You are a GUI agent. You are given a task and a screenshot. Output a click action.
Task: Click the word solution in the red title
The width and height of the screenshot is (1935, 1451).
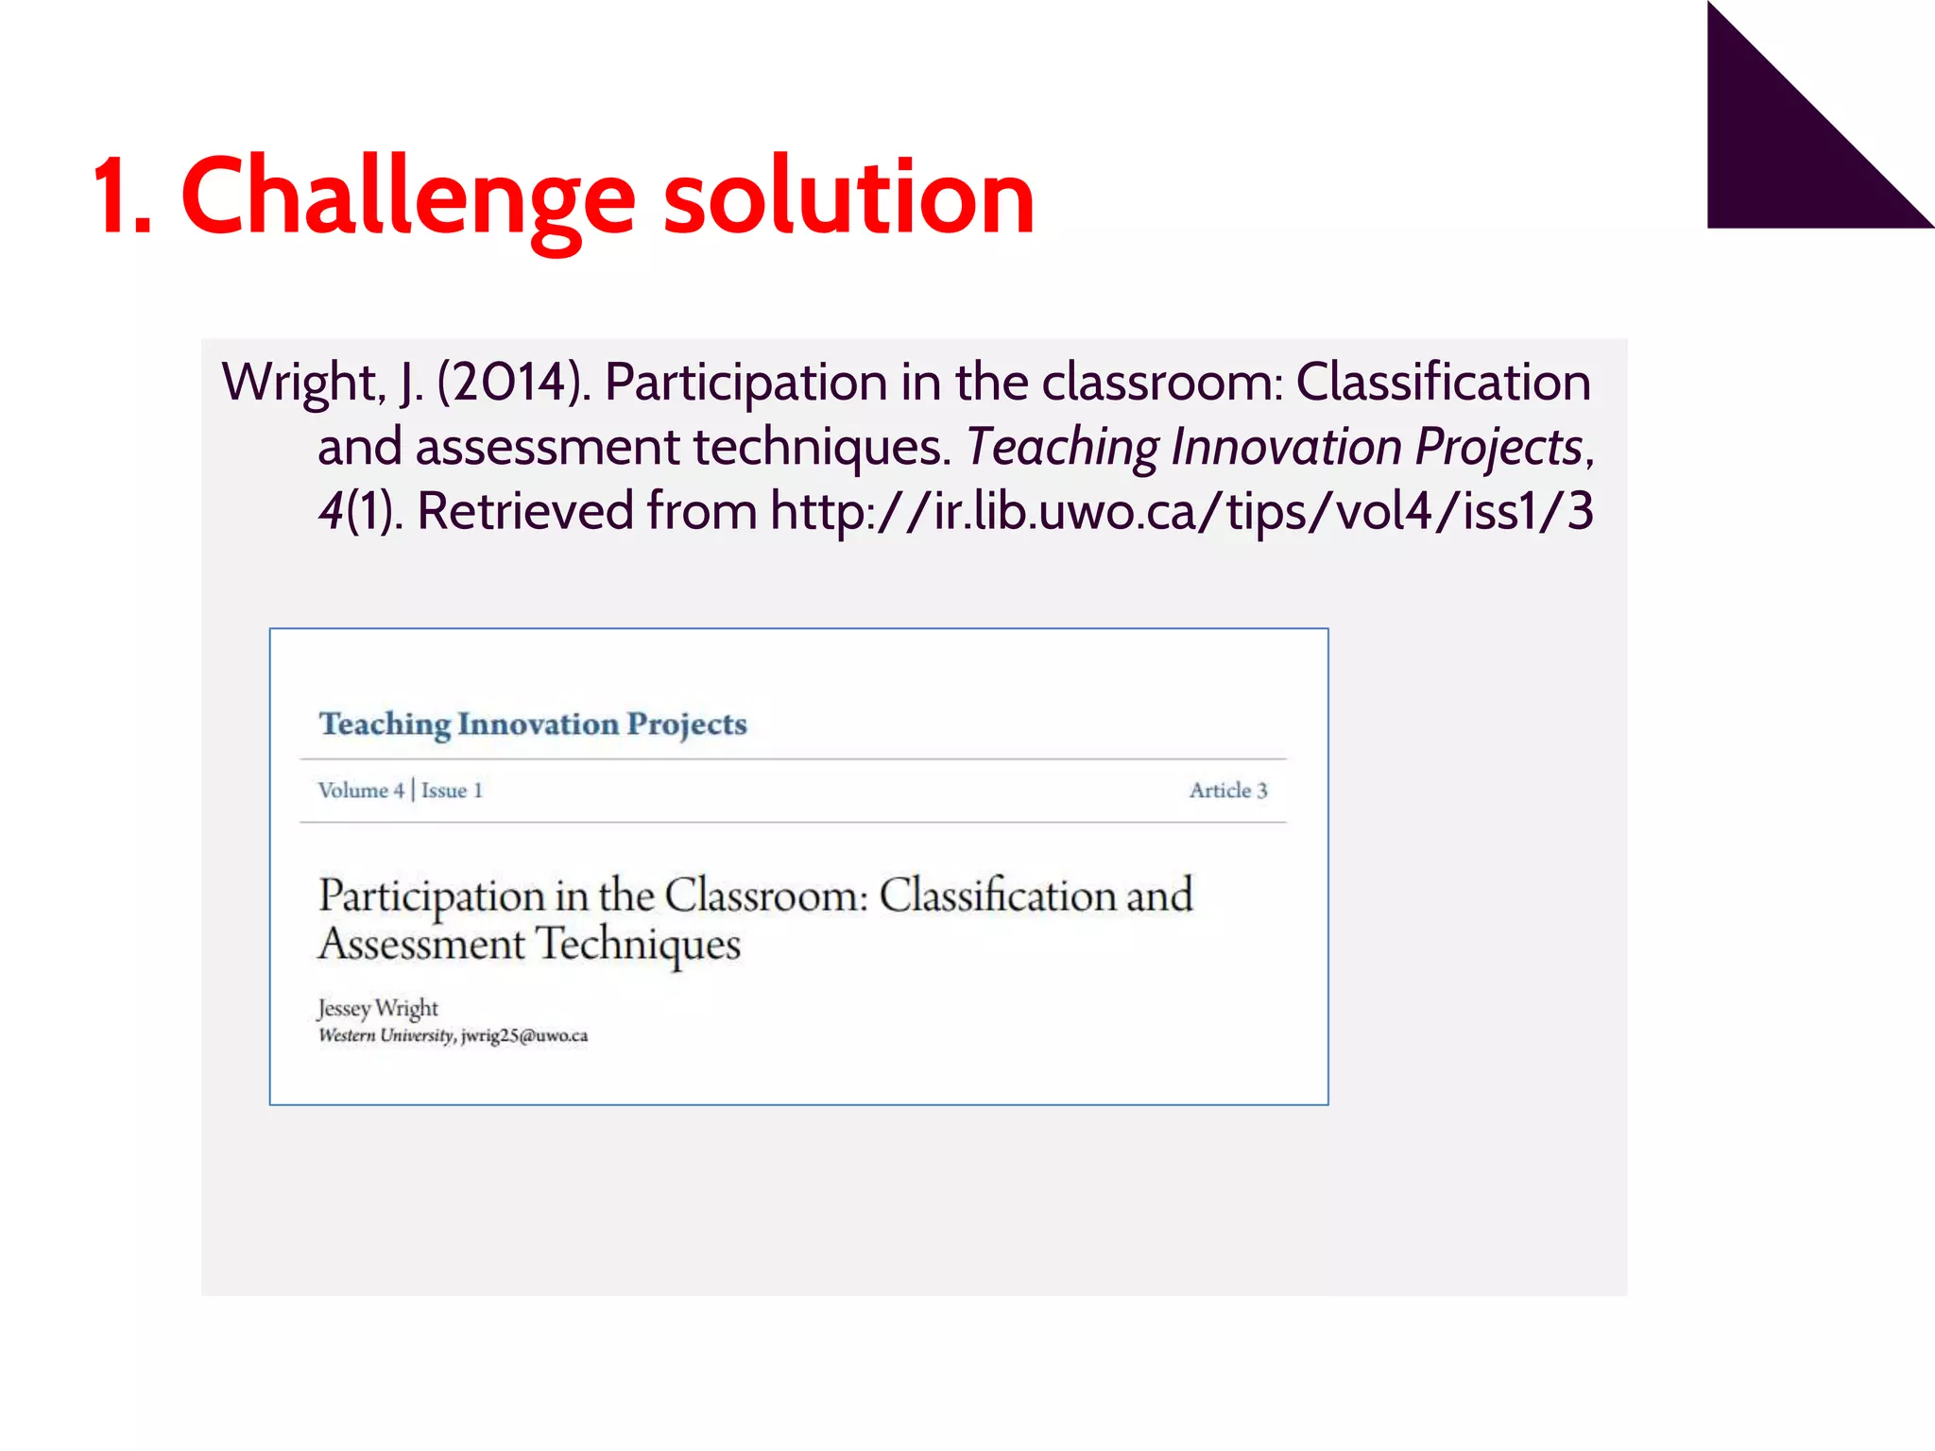[848, 196]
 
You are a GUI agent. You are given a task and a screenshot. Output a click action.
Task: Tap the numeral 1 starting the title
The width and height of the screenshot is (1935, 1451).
[120, 196]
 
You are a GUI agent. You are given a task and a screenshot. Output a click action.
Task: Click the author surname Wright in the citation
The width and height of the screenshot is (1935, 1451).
[302, 382]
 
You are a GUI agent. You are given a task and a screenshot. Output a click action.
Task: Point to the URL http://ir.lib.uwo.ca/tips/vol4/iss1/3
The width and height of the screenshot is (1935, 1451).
[1181, 510]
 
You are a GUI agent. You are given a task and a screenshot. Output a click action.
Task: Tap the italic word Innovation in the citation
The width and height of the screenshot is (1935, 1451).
[1286, 446]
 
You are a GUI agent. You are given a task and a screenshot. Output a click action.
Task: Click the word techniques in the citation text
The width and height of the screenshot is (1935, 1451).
[821, 446]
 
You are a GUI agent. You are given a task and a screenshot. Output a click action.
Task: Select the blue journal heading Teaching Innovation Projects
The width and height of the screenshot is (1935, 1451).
[533, 724]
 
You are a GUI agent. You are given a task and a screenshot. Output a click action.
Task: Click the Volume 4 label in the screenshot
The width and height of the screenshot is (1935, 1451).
[361, 791]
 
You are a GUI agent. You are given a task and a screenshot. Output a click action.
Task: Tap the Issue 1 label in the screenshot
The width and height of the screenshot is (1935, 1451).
[452, 791]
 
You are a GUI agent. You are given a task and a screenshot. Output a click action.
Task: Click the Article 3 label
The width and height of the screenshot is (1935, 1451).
[1227, 791]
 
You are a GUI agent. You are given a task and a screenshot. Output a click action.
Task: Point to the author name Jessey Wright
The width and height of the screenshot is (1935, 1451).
[378, 1008]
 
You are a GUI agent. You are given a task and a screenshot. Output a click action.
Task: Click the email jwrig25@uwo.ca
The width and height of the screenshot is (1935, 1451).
[524, 1035]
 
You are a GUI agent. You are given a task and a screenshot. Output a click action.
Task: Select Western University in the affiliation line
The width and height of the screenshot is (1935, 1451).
[385, 1035]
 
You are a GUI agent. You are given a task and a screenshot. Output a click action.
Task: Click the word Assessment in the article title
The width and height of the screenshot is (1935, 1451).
[421, 944]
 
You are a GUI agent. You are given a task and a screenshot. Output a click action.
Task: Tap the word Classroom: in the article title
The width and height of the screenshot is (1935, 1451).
[765, 895]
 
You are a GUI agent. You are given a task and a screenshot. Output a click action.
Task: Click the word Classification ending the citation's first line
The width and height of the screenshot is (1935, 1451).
[1443, 382]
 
